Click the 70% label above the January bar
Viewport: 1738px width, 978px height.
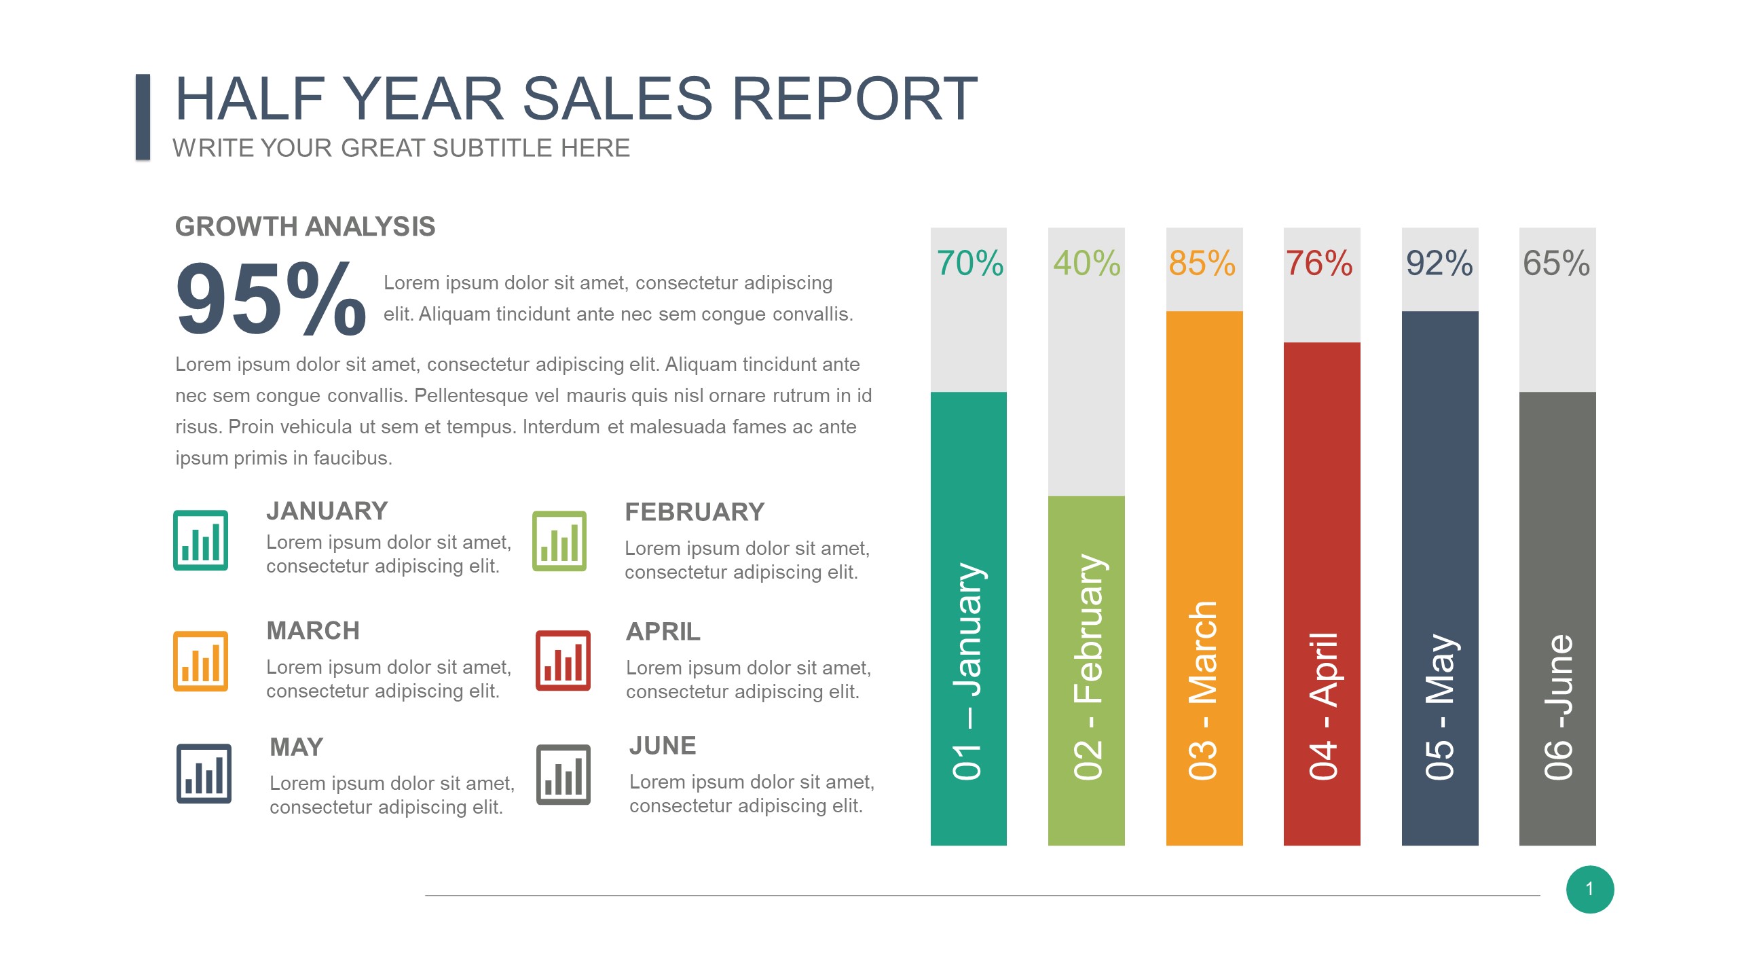(969, 264)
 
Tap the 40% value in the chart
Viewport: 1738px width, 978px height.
(1087, 264)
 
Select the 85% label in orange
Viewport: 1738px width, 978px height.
(1202, 264)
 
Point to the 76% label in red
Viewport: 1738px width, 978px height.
(1319, 264)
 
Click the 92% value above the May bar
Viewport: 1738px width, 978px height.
(1439, 264)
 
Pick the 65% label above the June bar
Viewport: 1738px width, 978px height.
(1556, 264)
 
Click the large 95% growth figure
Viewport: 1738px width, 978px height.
(271, 299)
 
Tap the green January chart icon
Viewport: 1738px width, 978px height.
(200, 540)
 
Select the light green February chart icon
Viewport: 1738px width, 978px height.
(559, 541)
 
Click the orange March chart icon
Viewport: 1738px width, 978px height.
(200, 661)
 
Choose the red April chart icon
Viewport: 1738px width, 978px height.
(563, 661)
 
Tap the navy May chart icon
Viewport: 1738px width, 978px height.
(204, 774)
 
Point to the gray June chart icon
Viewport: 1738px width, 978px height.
(563, 774)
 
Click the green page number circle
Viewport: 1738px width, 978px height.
(1590, 889)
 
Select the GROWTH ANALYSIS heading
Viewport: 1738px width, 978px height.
(305, 227)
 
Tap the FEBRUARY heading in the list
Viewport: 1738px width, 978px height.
(695, 512)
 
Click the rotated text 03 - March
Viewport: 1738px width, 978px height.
(1203, 691)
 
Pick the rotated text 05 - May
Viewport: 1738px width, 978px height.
(1440, 707)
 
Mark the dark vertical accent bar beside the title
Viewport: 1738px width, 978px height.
(143, 117)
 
